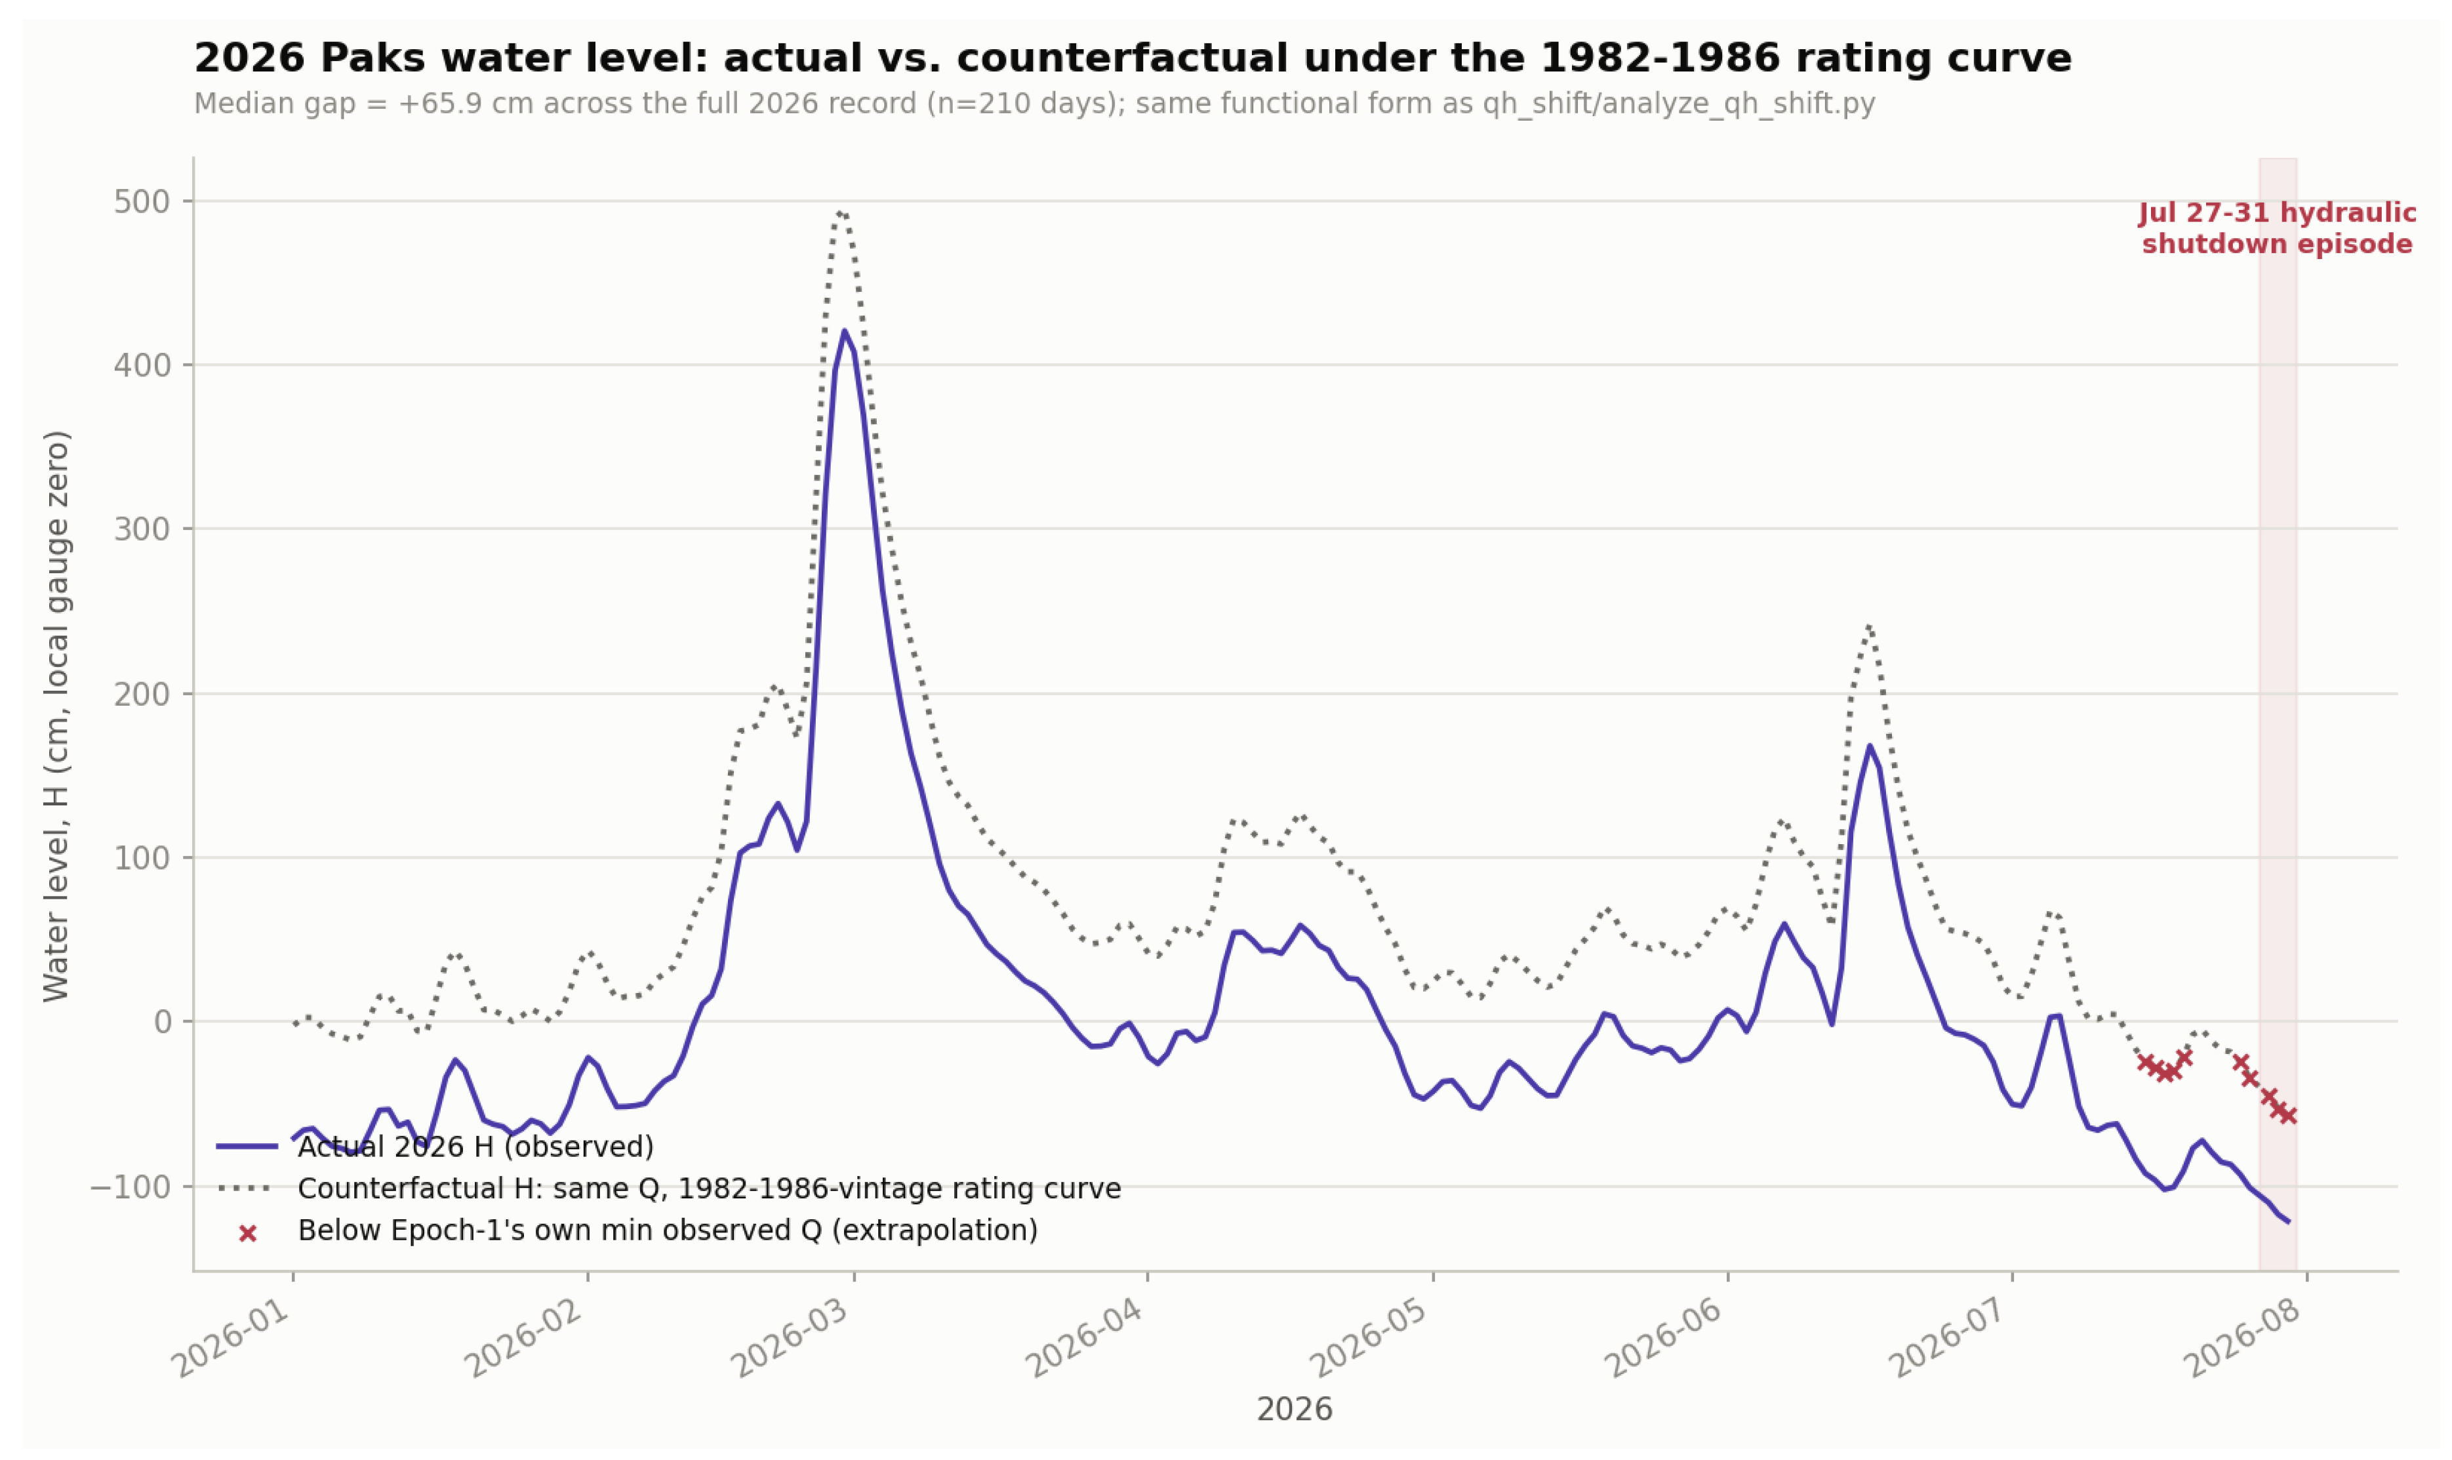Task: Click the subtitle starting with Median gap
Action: pos(1034,104)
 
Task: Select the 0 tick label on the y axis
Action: pos(162,1022)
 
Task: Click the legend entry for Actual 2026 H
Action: pos(475,1147)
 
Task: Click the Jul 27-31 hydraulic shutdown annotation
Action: pos(2277,228)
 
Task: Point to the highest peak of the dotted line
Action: pos(839,211)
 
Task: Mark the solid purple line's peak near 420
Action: pos(844,332)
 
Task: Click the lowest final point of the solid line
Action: pos(2288,1222)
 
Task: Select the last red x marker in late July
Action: pos(2288,1116)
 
